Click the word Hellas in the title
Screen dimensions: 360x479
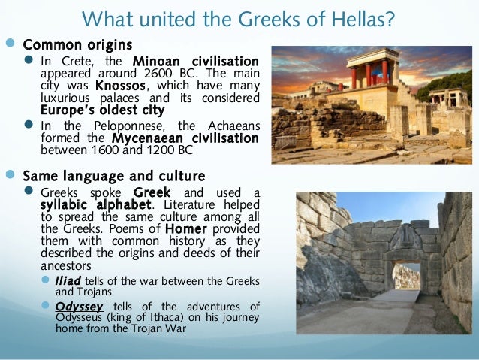tap(363, 17)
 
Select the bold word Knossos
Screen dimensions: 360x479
tap(115, 86)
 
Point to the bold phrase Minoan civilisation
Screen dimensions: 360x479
tap(195, 61)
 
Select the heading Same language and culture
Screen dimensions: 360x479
tap(113, 176)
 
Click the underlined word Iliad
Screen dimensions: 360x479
tap(65, 280)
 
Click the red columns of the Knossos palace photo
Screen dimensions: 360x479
tap(368, 75)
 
